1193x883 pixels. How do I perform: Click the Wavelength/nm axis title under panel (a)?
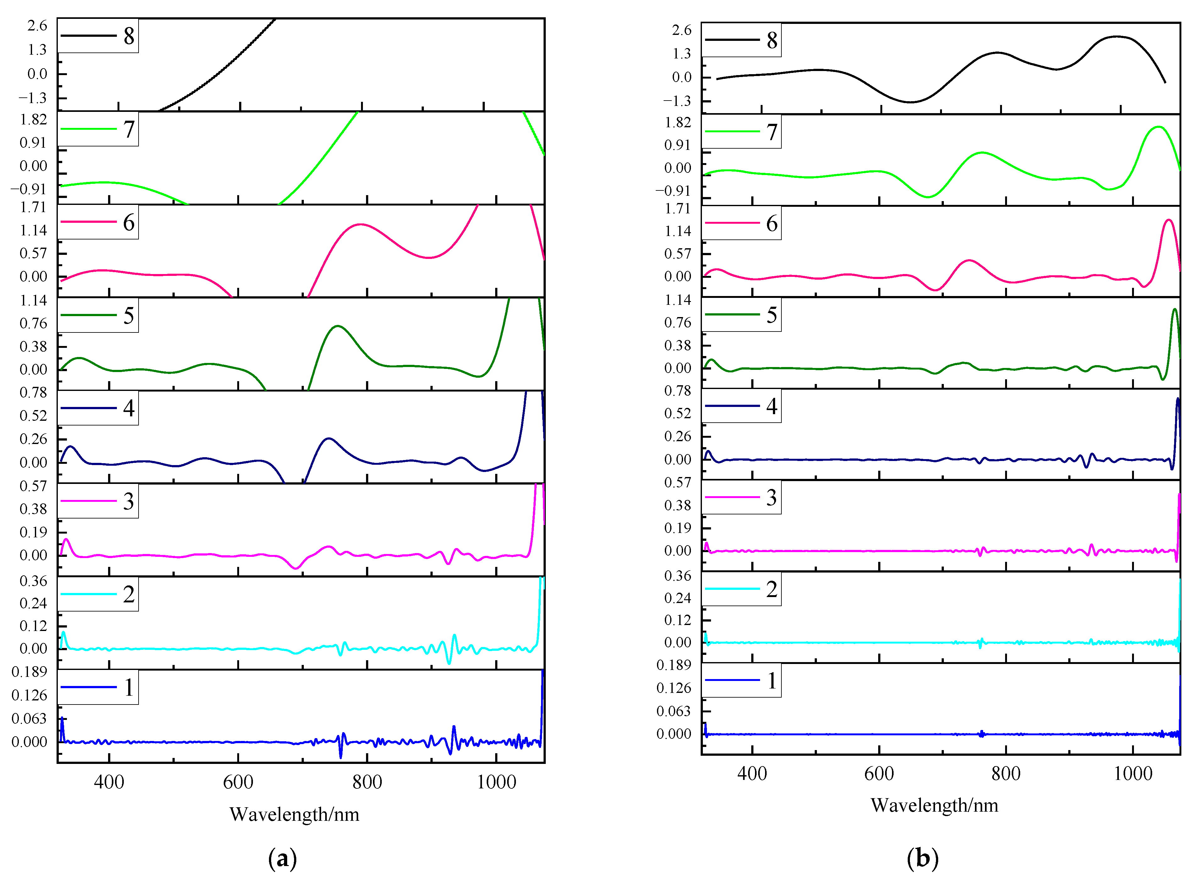(294, 814)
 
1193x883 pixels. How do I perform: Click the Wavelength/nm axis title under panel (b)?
(934, 805)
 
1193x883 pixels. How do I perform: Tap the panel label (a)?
(282, 859)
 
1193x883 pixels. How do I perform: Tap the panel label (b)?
(922, 858)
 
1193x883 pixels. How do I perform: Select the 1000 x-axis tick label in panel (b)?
(1133, 773)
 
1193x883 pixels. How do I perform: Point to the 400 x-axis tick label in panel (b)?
(752, 773)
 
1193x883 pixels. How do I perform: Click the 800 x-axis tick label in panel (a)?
(367, 782)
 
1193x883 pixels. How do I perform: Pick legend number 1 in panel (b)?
(771, 680)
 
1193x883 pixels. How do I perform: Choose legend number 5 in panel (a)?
(129, 315)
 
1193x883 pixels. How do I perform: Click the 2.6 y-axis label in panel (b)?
(681, 30)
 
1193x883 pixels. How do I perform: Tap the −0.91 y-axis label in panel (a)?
(29, 189)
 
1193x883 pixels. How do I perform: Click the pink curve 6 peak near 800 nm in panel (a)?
(360, 224)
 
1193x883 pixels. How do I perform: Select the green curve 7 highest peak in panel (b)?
(1158, 127)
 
